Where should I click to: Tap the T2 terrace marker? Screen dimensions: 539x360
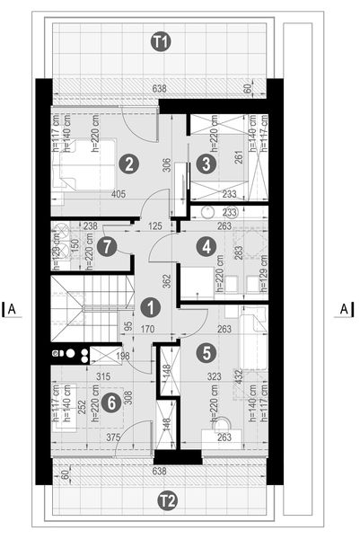pyautogui.click(x=166, y=499)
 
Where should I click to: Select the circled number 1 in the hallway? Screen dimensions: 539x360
pyautogui.click(x=151, y=306)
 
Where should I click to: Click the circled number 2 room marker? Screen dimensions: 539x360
pyautogui.click(x=130, y=163)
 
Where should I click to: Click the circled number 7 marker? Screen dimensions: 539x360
pyautogui.click(x=108, y=244)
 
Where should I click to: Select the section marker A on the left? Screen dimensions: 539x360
pyautogui.click(x=13, y=309)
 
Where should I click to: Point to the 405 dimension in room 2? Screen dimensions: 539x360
pyautogui.click(x=127, y=193)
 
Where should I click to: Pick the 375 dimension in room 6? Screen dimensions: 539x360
pyautogui.click(x=114, y=437)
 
